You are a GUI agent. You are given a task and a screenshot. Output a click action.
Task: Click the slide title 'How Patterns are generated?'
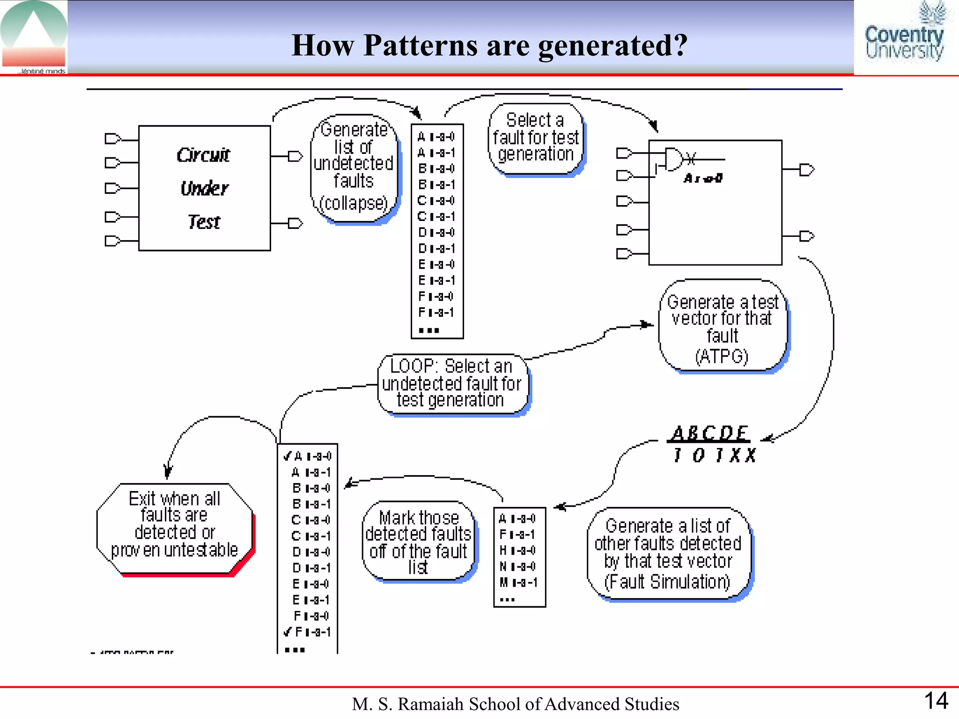489,45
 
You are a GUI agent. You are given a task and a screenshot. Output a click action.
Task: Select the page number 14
936,701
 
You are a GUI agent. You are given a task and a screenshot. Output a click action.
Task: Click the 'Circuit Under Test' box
205,188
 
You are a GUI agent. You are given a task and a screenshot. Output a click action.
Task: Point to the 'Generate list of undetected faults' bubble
354,168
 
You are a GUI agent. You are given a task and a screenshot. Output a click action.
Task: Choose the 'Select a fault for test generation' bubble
536,138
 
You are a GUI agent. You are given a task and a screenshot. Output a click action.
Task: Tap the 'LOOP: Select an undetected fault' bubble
452,383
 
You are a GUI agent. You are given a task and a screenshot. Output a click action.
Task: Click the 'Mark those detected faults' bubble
418,542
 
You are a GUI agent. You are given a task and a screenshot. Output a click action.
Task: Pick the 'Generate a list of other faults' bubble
668,553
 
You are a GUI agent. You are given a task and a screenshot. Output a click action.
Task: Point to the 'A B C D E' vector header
709,433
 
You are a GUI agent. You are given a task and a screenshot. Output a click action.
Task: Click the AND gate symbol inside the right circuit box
674,159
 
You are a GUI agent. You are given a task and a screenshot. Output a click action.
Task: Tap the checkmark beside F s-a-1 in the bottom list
288,631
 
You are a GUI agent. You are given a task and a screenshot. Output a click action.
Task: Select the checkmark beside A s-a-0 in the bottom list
288,456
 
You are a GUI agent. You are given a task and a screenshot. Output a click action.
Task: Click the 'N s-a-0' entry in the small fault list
517,566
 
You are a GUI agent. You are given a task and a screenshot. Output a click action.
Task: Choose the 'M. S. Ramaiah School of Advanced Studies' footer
516,704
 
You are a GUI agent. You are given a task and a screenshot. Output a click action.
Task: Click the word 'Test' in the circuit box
204,222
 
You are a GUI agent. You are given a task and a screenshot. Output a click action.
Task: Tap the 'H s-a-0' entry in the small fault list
517,550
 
